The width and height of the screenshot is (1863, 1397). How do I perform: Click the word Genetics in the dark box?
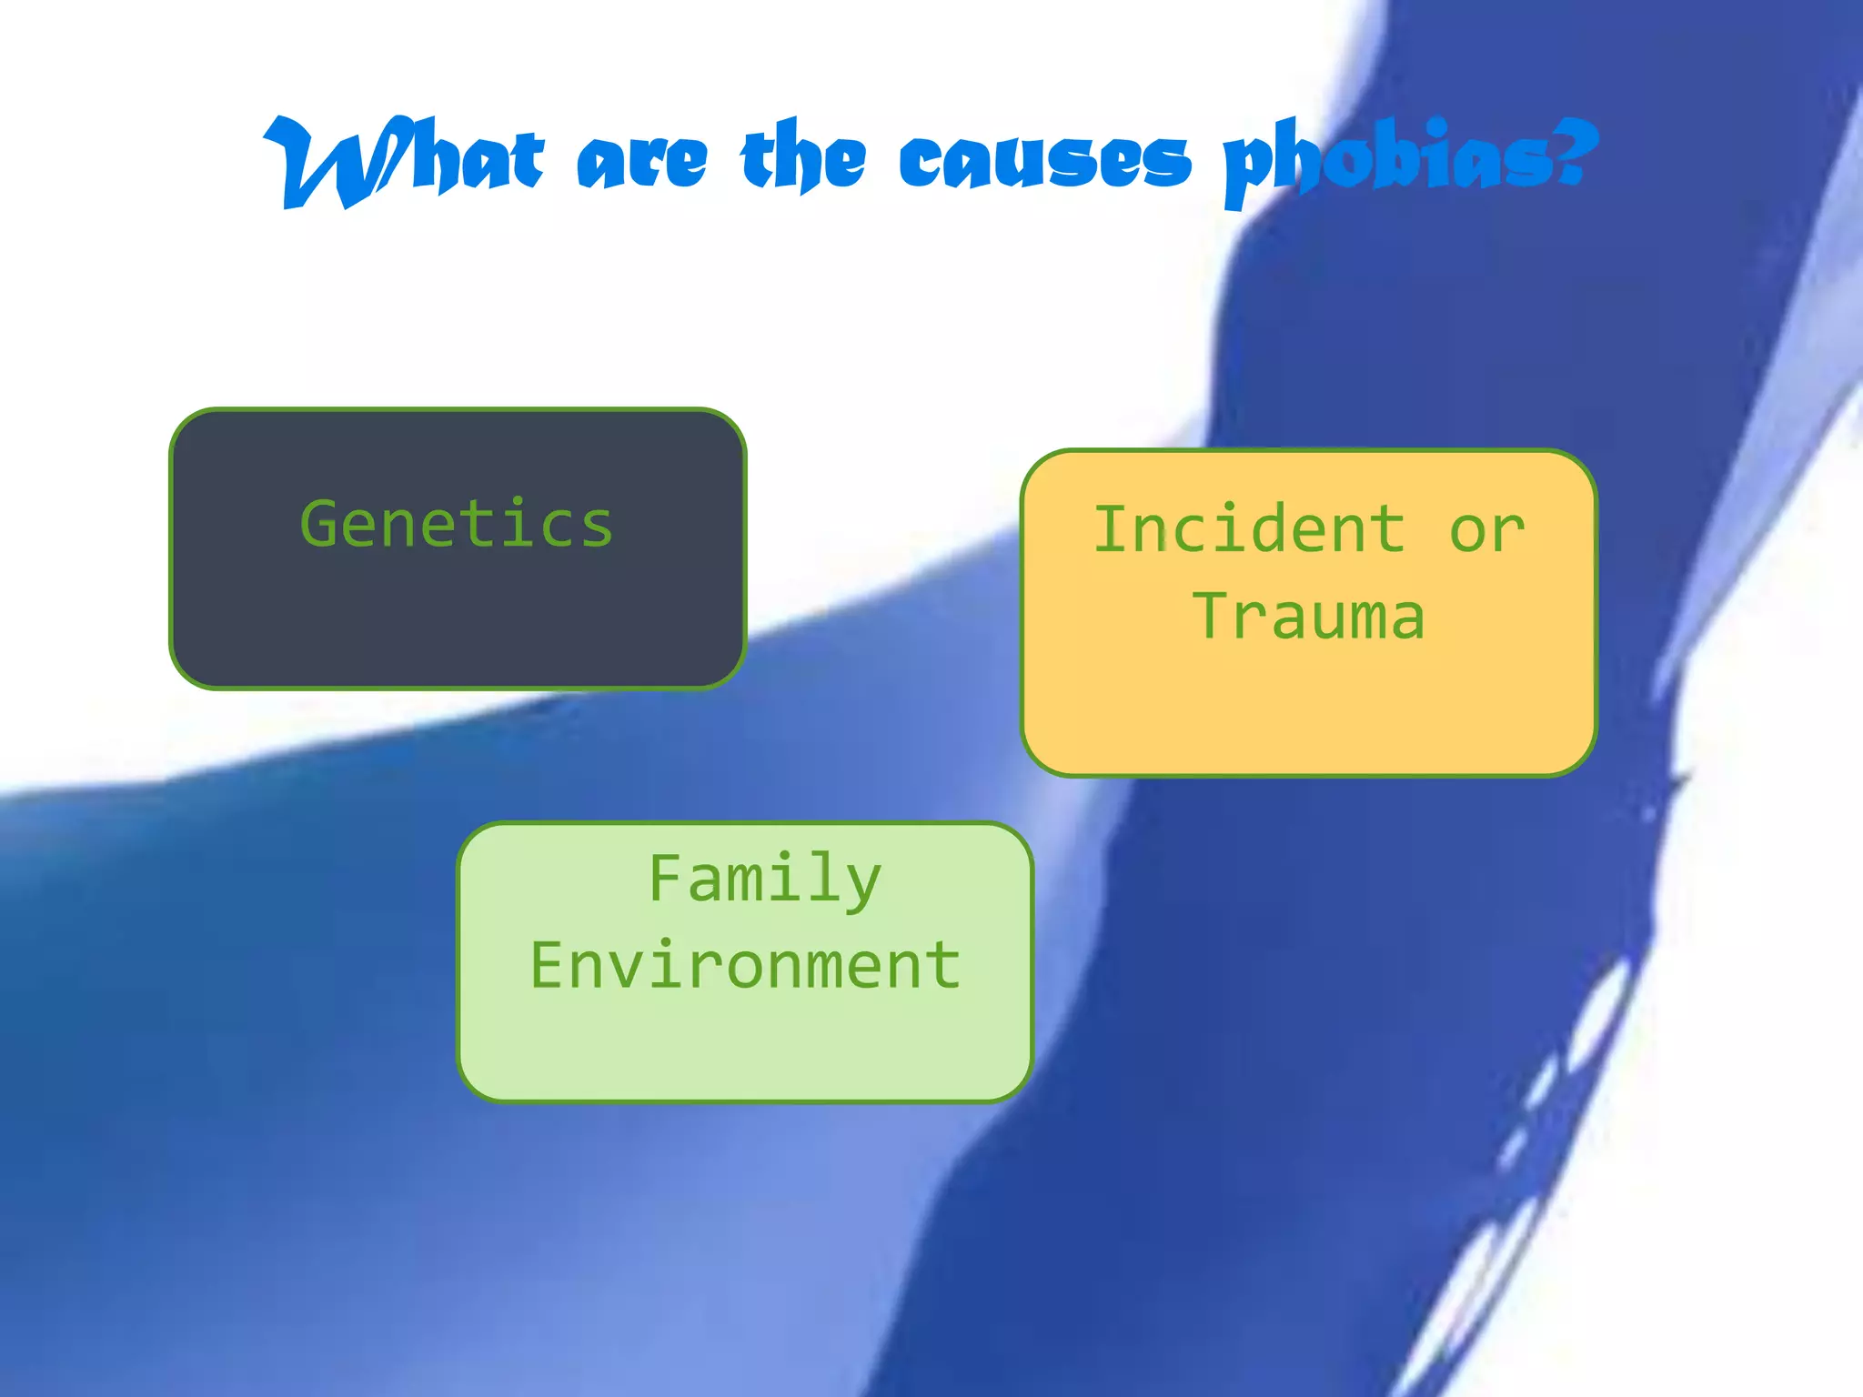(457, 525)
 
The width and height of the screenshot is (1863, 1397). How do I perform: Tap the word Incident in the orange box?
(1249, 529)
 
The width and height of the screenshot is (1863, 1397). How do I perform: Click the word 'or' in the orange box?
(1486, 531)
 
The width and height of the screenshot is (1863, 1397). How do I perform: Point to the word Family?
(765, 879)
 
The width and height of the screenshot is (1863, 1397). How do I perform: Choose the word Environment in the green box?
(745, 966)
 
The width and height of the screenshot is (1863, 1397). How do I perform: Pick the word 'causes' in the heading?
(1044, 162)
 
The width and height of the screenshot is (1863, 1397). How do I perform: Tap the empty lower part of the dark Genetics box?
(457, 628)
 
